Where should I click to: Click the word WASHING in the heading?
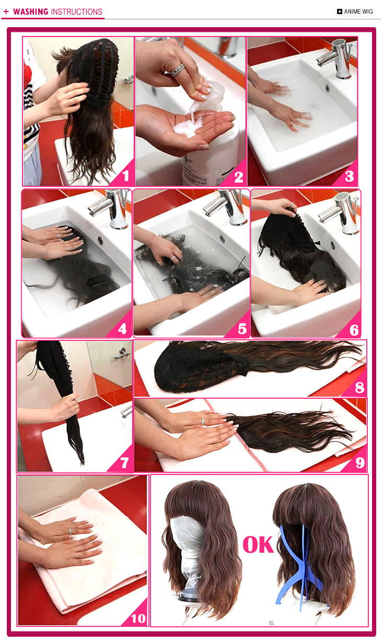point(31,12)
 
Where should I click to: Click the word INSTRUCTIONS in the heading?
point(76,12)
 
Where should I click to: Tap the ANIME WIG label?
point(358,12)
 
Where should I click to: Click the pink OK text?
point(258,545)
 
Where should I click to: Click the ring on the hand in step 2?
point(178,70)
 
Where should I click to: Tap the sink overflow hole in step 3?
point(327,88)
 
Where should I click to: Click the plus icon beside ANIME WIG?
point(340,12)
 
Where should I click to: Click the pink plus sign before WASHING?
point(6,12)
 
